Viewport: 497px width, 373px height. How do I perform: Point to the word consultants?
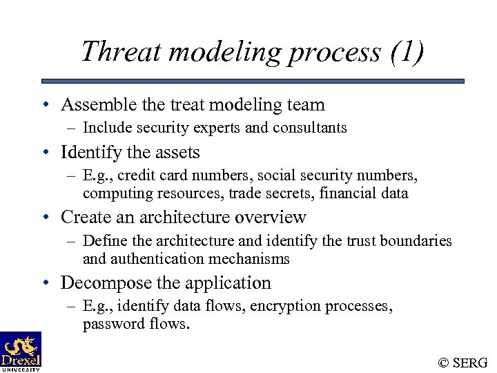coord(309,128)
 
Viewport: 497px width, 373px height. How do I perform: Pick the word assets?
coord(175,152)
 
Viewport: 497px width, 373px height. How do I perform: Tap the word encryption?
coord(269,307)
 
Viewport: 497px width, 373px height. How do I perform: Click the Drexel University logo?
coord(21,351)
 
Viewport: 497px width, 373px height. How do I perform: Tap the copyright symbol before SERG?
coord(444,361)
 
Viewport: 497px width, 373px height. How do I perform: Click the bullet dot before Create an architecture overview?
coord(44,218)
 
